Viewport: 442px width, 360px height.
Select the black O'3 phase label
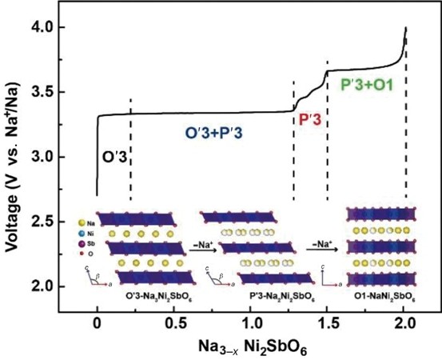112,157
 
